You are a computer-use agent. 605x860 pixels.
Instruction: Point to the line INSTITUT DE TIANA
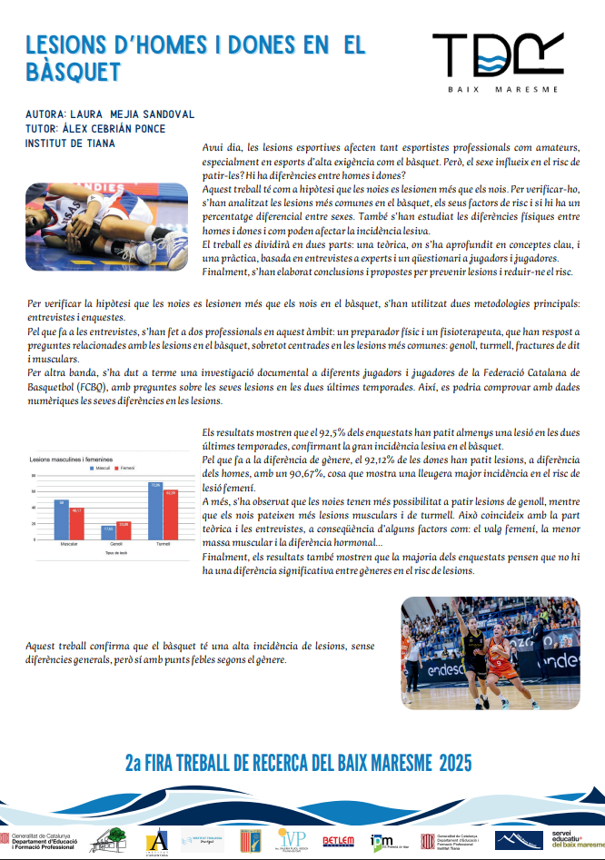point(71,143)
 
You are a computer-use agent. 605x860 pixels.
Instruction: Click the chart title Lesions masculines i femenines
point(71,459)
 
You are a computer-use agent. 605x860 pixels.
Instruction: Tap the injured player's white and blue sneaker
point(169,242)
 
